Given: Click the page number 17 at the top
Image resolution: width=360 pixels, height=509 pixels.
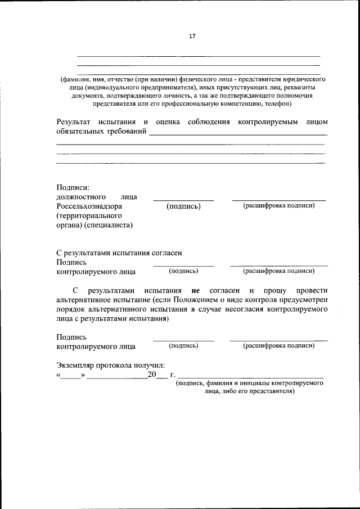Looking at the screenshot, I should point(191,36).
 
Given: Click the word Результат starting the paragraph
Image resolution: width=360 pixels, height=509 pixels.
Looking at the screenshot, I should point(76,121).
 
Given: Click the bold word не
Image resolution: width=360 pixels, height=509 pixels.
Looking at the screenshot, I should point(196,291).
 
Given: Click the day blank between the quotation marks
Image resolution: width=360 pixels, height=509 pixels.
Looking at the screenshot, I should point(71,375).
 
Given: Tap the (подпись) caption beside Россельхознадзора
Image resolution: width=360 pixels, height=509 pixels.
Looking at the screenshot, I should point(183,206).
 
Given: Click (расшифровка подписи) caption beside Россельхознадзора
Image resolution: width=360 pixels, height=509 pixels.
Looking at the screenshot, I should point(278,205).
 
